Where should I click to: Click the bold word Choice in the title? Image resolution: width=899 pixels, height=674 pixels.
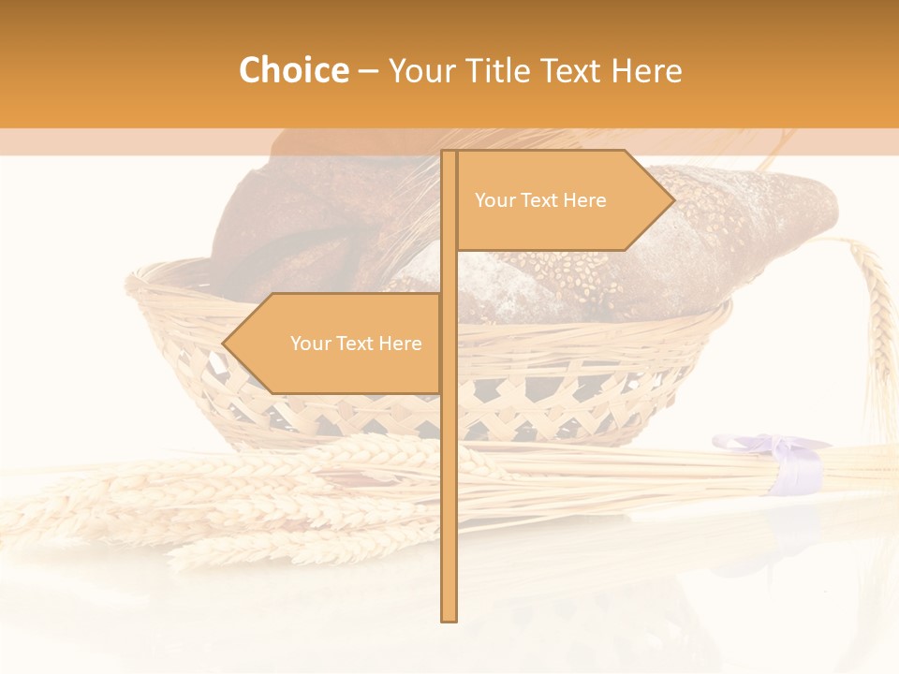click(293, 70)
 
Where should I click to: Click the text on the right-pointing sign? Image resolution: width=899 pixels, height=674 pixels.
click(540, 200)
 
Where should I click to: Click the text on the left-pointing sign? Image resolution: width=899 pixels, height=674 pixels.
click(356, 344)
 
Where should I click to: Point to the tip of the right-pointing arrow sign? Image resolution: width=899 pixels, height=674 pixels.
click(673, 199)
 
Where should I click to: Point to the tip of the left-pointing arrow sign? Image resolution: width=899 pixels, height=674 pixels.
click(224, 344)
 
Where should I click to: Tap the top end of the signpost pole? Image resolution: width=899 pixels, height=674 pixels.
click(449, 153)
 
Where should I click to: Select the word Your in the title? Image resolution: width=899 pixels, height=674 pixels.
click(417, 70)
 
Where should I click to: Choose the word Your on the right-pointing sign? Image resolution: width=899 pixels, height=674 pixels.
click(494, 200)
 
